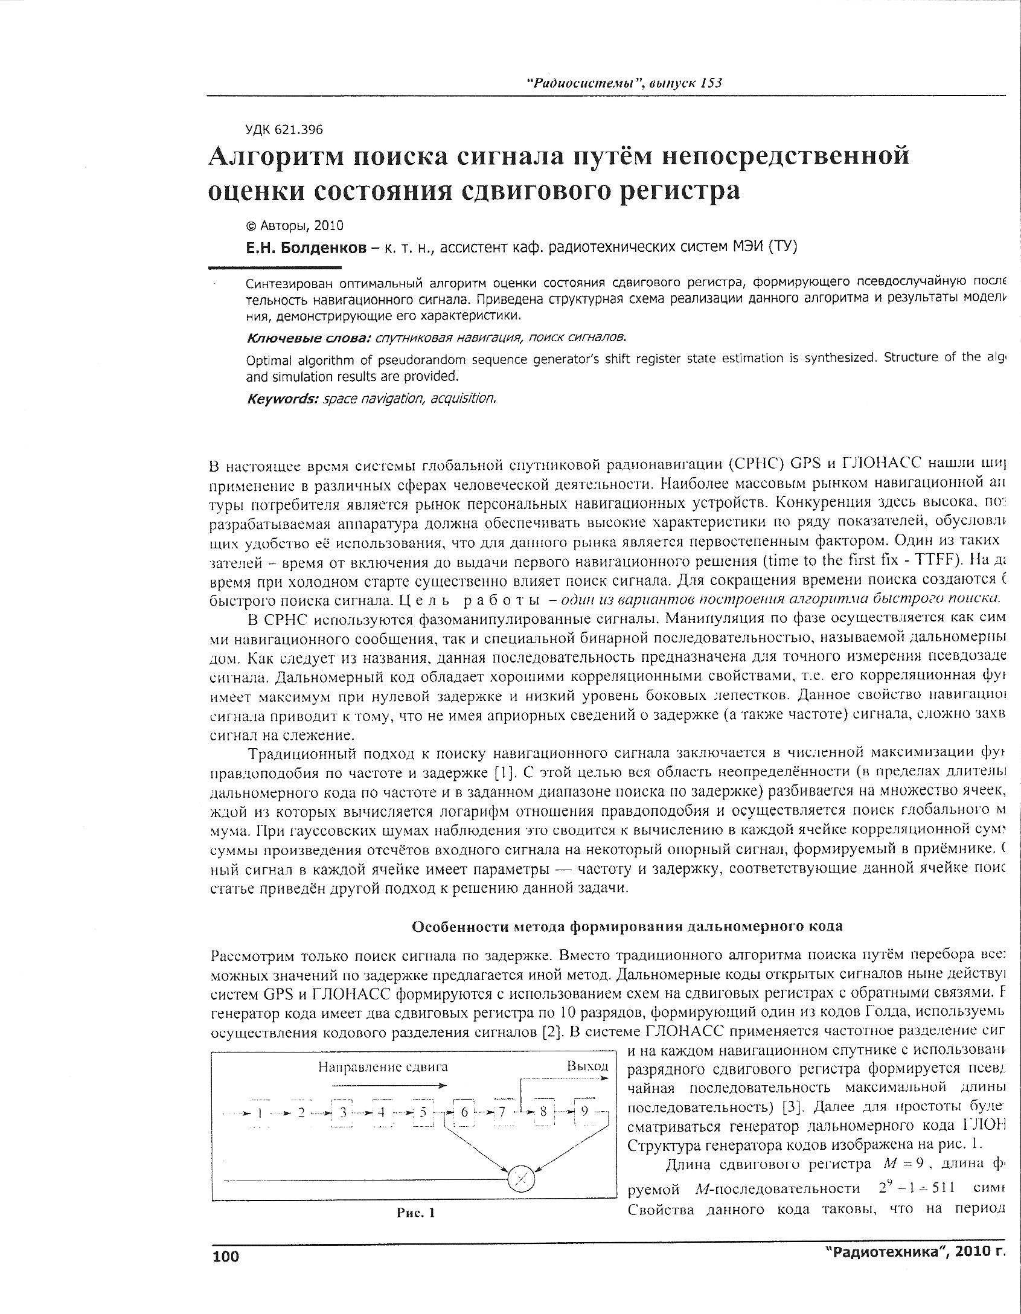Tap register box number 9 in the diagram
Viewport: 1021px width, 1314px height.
584,1112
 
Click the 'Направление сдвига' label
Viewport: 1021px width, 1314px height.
383,1066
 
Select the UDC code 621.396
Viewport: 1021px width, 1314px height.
284,129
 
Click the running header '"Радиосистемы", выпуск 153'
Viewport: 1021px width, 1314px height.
626,83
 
